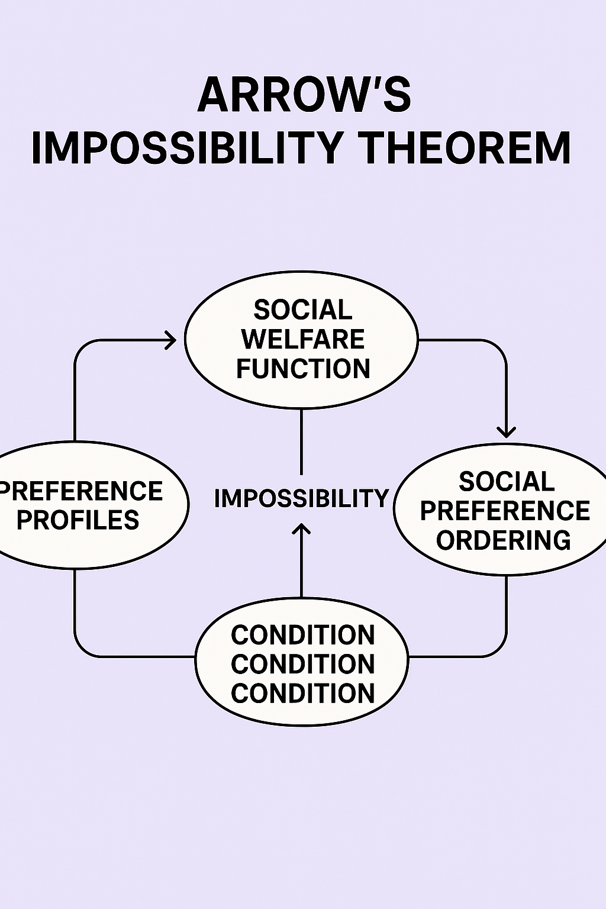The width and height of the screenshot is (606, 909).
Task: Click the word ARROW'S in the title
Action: click(x=304, y=95)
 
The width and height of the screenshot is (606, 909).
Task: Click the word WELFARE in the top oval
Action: click(x=303, y=339)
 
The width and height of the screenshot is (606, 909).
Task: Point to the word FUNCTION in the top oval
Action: click(x=303, y=368)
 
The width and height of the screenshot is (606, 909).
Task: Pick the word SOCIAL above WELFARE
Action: click(x=303, y=310)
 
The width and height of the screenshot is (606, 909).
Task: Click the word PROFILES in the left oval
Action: click(x=78, y=520)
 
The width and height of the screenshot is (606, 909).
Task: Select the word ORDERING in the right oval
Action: click(x=504, y=540)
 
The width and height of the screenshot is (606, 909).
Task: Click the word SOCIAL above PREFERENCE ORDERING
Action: click(x=507, y=482)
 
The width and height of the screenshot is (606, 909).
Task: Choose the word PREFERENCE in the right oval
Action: click(x=505, y=511)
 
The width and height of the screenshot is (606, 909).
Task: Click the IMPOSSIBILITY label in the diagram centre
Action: click(x=301, y=498)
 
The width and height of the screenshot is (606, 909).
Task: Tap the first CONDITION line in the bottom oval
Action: click(x=302, y=635)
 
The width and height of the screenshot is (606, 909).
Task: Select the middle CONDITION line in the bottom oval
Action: click(x=302, y=664)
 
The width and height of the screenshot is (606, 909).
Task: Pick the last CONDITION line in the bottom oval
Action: click(x=302, y=693)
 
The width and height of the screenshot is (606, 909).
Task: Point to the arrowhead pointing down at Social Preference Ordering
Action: click(x=506, y=432)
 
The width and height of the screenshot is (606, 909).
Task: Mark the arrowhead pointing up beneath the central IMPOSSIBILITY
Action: click(x=302, y=528)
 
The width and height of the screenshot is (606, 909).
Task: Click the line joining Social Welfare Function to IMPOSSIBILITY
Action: click(x=302, y=441)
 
